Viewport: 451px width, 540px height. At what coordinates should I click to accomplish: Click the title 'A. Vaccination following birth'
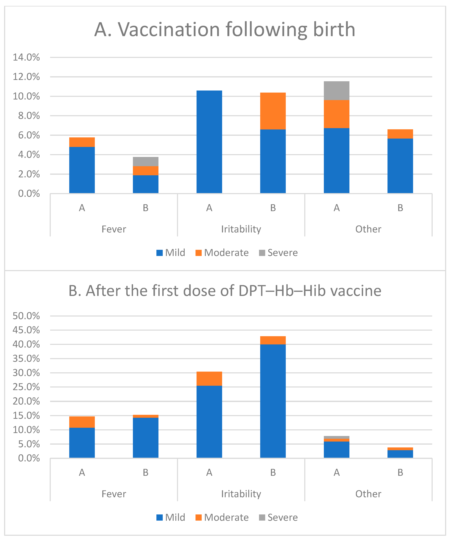point(225,29)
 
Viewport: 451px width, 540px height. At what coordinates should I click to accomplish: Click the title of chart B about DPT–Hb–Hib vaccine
point(225,291)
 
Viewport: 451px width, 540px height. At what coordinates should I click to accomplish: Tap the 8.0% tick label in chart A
point(29,116)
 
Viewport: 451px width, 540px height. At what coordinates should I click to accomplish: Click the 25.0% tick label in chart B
point(26,387)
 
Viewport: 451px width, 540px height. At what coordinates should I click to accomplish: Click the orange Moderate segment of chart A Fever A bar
point(82,142)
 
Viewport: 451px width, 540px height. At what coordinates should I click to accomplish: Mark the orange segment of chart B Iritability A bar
point(209,379)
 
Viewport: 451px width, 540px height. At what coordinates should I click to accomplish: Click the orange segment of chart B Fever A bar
point(82,422)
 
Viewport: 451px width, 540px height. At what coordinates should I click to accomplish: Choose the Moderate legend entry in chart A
point(222,253)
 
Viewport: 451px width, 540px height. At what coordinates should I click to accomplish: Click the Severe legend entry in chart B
point(278,517)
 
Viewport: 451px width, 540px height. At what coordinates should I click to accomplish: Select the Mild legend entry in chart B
point(171,517)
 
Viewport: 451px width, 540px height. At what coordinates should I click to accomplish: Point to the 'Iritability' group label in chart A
point(241,229)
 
